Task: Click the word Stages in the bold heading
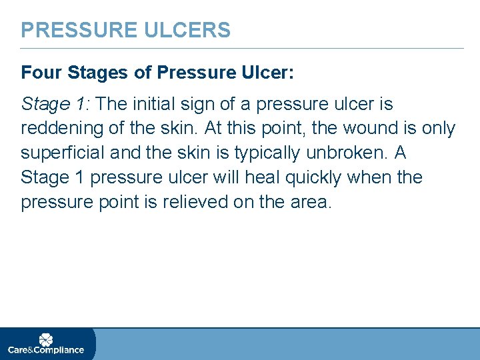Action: point(90,72)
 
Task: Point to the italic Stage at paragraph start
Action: point(43,105)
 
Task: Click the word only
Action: point(437,128)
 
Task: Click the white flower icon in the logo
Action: point(45,339)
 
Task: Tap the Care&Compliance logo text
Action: point(45,350)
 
